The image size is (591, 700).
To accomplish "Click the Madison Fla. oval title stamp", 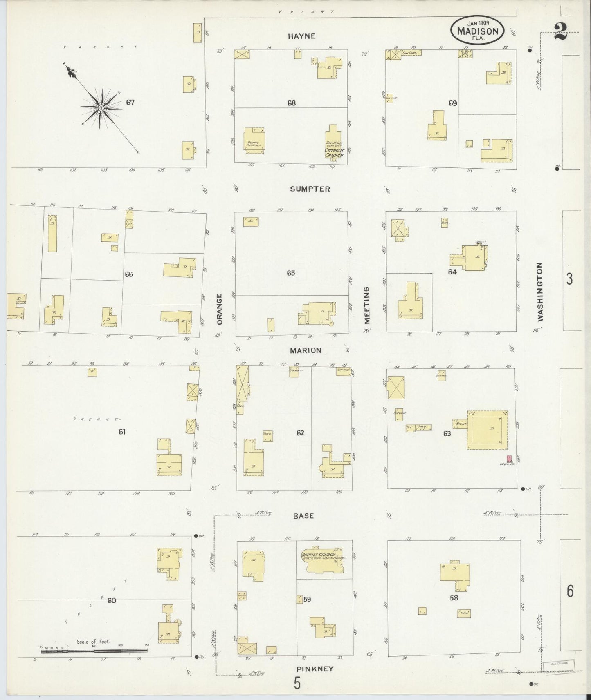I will [x=477, y=31].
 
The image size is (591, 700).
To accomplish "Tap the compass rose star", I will [x=101, y=107].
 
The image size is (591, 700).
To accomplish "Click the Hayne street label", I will [x=301, y=36].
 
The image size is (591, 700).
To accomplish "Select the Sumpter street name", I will [x=310, y=189].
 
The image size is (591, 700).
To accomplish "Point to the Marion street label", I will [x=306, y=350].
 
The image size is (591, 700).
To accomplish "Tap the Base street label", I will [x=303, y=516].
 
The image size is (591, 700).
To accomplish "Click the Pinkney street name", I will [x=315, y=669].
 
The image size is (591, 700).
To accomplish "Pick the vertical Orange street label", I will [x=220, y=309].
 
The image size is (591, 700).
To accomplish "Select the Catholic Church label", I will [x=334, y=153].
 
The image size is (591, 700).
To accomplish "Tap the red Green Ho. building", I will [x=509, y=459].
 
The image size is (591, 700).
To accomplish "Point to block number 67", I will [x=130, y=103].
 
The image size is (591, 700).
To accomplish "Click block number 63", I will [x=447, y=433].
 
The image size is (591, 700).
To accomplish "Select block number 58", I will [x=454, y=598].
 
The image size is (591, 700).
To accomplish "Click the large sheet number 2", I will [x=561, y=31].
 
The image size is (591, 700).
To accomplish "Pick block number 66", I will [x=129, y=274].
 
